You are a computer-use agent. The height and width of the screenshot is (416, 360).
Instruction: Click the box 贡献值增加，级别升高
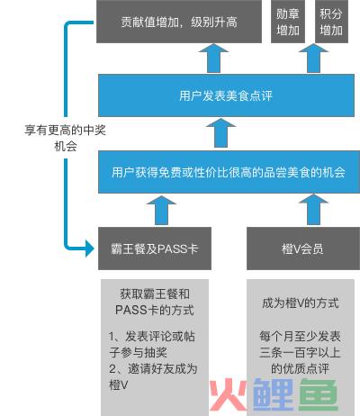click(x=179, y=22)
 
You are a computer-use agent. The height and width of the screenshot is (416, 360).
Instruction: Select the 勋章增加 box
click(x=288, y=22)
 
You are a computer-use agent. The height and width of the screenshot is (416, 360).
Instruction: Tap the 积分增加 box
click(x=331, y=22)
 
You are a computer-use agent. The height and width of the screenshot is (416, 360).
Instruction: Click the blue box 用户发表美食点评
click(x=226, y=95)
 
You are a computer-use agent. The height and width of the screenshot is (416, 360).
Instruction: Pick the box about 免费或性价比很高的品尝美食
click(x=229, y=172)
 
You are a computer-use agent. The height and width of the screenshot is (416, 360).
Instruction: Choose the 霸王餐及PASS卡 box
click(x=155, y=249)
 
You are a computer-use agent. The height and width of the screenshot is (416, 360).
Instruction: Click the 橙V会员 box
click(x=303, y=249)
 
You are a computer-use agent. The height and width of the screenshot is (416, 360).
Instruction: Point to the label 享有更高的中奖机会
click(x=65, y=138)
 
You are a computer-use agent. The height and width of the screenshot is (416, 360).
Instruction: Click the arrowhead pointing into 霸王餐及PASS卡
click(x=89, y=249)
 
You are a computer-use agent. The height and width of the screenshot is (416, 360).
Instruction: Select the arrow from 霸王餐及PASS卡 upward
click(x=161, y=210)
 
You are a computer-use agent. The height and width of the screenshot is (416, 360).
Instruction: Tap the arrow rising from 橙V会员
click(x=314, y=210)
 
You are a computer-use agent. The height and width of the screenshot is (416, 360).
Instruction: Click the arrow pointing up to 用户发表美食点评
click(x=221, y=132)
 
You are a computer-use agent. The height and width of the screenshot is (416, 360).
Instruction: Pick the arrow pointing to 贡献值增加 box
click(x=213, y=59)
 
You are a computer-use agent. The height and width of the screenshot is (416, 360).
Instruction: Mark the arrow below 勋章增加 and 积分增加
click(x=314, y=59)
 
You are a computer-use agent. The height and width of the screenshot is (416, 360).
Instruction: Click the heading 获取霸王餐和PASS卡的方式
click(x=155, y=302)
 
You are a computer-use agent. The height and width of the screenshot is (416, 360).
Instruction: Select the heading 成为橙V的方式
click(x=301, y=303)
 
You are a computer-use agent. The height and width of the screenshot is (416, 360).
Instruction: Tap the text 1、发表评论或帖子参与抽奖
click(x=152, y=344)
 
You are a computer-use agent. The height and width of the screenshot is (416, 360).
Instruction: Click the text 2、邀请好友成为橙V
click(x=153, y=376)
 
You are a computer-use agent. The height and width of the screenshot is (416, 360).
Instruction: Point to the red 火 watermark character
click(x=228, y=395)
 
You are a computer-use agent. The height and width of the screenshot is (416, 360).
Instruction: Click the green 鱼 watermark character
click(x=319, y=395)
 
